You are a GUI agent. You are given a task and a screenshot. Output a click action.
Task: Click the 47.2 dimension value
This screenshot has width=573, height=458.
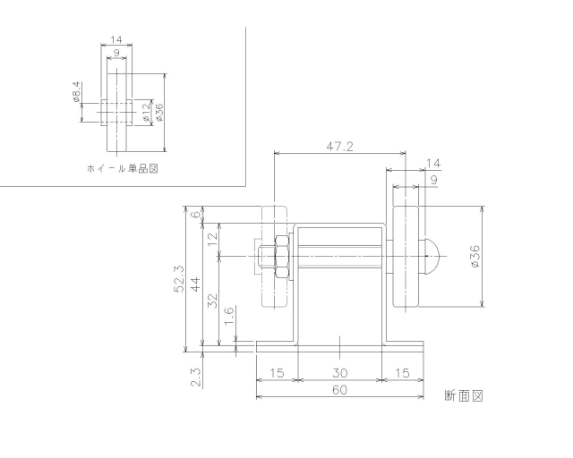(x=338, y=146)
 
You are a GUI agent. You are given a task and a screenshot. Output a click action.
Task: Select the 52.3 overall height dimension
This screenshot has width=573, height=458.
(x=179, y=278)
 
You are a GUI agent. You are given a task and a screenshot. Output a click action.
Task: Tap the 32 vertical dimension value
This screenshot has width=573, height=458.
(x=213, y=300)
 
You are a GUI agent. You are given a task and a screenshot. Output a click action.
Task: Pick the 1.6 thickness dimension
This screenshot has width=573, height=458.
(x=228, y=315)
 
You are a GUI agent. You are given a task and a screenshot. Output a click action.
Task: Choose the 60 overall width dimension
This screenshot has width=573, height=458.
(x=340, y=390)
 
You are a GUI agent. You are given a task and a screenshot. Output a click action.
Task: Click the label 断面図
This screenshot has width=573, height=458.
(x=463, y=394)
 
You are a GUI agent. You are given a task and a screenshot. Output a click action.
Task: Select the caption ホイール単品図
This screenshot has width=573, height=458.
(x=116, y=167)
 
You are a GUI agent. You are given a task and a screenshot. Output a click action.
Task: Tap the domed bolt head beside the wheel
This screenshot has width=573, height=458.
(x=431, y=257)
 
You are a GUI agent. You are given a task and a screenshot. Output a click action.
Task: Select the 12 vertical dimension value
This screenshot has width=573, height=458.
(x=213, y=238)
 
